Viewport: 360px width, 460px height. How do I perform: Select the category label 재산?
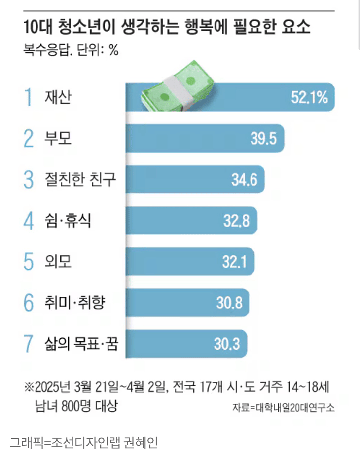(x=58, y=97)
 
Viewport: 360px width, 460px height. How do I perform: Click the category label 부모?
(x=58, y=138)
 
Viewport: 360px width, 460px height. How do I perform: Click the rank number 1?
(x=29, y=97)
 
